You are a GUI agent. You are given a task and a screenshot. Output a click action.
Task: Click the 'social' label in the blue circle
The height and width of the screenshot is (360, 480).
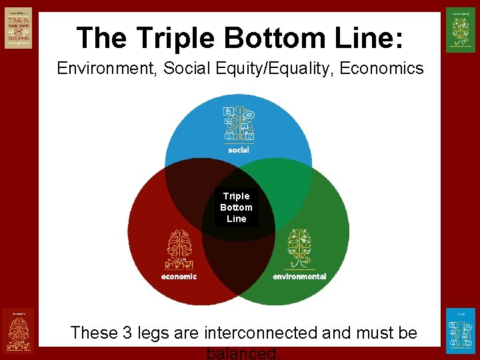coord(238,150)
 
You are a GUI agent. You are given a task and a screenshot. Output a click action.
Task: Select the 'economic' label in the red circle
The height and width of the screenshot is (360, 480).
coord(179,276)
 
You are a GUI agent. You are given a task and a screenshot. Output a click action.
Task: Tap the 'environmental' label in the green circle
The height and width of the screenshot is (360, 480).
coord(299,276)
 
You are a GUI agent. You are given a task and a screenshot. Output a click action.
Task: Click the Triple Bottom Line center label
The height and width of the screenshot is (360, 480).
coord(236,207)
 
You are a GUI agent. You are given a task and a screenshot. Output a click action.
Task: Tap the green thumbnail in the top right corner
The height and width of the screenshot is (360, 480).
coord(460,30)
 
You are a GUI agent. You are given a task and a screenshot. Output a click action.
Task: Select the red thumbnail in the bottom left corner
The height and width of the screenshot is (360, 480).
coord(17,330)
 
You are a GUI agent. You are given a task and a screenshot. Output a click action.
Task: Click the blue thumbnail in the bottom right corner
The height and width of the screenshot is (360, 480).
coord(460,330)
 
